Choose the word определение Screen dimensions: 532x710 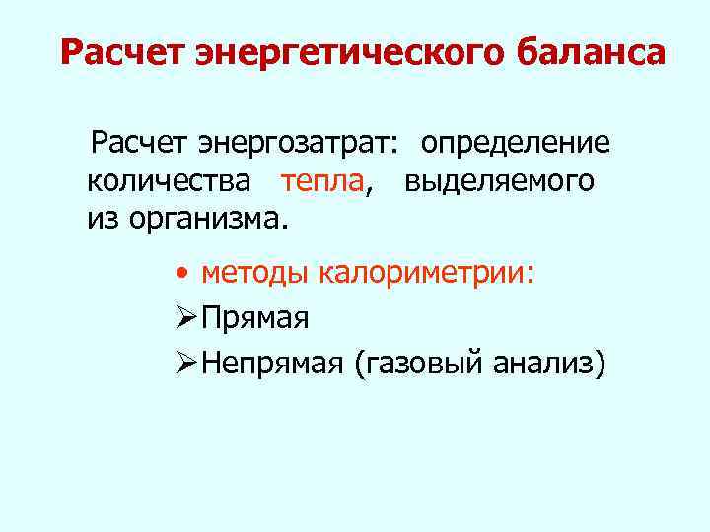click(x=515, y=145)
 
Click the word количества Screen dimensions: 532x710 click(x=174, y=181)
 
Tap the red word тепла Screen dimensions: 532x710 click(x=321, y=181)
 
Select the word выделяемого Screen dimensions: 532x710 click(x=499, y=181)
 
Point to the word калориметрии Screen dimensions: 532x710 click(x=429, y=273)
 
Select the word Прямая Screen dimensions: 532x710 click(x=255, y=319)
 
